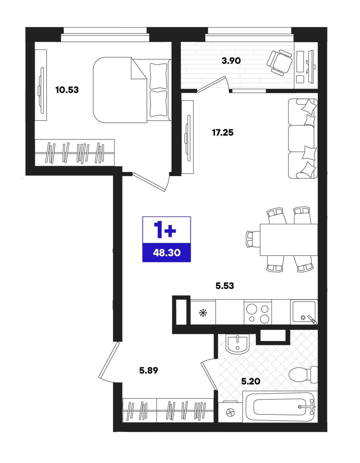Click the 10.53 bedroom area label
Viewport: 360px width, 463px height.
click(x=67, y=90)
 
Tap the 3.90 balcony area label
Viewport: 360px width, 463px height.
click(x=231, y=61)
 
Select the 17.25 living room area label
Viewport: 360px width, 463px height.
click(x=223, y=133)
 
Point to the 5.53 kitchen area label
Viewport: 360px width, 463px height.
click(x=225, y=286)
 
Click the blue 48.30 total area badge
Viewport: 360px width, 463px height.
click(x=166, y=253)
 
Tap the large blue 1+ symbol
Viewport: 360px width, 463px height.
click(x=165, y=230)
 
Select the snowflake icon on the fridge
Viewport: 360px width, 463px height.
click(x=203, y=313)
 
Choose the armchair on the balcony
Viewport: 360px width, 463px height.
click(x=279, y=62)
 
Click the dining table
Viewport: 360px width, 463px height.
click(x=289, y=240)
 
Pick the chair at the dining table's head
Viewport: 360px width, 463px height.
click(x=253, y=239)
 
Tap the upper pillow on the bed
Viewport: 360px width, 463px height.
click(x=158, y=76)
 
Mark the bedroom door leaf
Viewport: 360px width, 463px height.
click(x=149, y=182)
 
